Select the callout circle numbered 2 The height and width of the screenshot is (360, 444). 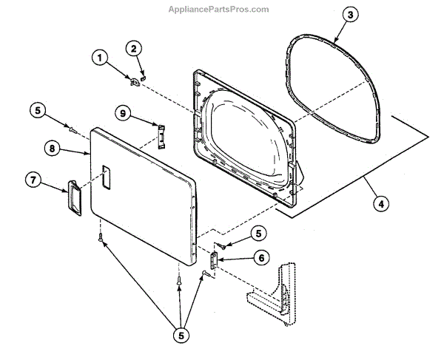pos(133,49)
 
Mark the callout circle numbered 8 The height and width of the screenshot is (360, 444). pos(51,148)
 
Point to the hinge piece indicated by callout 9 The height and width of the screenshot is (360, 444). pos(158,136)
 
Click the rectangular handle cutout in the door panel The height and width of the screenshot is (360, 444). pos(106,176)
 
